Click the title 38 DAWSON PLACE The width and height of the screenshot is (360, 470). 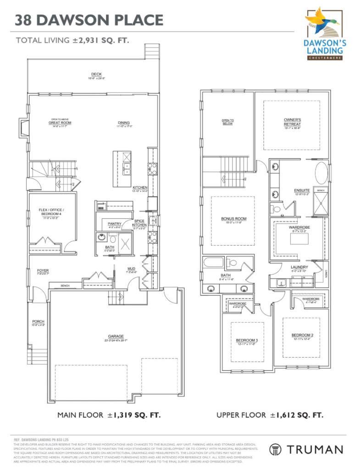point(89,20)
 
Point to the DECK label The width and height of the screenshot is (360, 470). point(96,74)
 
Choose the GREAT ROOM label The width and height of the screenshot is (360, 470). point(60,123)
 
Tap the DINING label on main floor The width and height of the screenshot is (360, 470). point(123,123)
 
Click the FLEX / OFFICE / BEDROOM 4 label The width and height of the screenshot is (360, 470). point(51,212)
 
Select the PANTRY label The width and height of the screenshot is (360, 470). point(115,224)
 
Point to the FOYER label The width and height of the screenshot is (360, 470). point(43,271)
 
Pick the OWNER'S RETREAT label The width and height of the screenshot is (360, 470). point(292,122)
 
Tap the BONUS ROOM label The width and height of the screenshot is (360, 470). point(234,219)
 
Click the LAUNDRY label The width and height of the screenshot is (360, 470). point(299,267)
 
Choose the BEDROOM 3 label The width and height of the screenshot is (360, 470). point(247,340)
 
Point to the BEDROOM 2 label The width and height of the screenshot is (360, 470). point(302,336)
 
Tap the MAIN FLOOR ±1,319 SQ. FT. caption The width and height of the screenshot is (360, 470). point(109,415)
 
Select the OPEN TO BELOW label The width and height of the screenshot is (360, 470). point(228,122)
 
